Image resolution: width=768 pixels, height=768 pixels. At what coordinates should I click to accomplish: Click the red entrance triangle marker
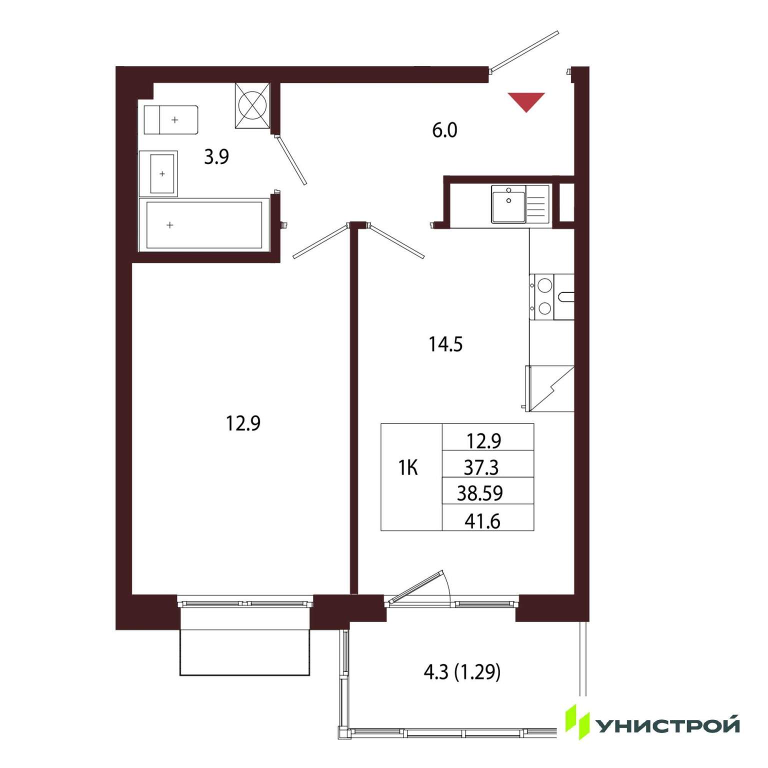point(526,101)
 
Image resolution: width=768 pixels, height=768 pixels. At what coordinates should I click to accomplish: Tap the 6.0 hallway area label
point(444,130)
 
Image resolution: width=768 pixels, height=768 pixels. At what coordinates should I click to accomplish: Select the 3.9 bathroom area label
point(216,157)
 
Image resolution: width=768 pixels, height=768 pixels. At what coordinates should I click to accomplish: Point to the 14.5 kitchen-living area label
point(445,344)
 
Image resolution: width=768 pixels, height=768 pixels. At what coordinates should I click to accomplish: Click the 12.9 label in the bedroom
point(243,424)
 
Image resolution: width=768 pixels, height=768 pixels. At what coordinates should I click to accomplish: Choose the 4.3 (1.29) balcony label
point(462,672)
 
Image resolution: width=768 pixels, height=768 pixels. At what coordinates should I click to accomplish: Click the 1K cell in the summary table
point(408,468)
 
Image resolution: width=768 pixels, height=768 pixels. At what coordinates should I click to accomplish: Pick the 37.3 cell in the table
point(481,467)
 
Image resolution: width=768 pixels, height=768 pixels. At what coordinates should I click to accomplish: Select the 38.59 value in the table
point(480,493)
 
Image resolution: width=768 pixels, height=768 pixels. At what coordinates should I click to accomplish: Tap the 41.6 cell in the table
point(482,521)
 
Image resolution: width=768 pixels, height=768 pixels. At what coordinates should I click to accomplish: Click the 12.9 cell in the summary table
point(483,441)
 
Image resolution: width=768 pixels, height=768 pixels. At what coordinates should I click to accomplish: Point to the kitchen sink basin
point(508,203)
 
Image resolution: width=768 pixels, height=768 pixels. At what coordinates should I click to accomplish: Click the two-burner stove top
point(544,297)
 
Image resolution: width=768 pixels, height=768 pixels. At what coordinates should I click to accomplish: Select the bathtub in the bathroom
point(204,225)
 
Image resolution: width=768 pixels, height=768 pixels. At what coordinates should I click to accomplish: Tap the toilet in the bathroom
point(171,120)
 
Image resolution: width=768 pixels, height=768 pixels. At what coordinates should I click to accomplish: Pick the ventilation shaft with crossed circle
point(252,105)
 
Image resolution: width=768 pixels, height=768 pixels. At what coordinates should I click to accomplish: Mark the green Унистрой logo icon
point(577,722)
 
